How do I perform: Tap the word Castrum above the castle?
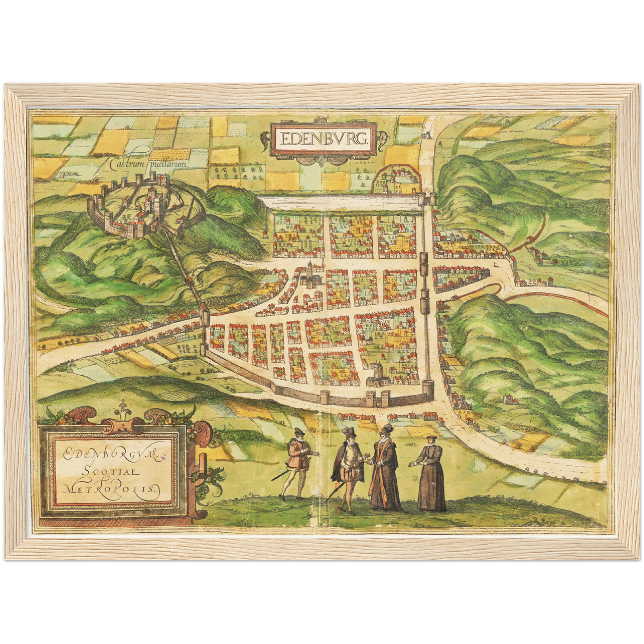click(127, 164)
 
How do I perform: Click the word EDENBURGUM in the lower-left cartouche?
click(109, 455)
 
